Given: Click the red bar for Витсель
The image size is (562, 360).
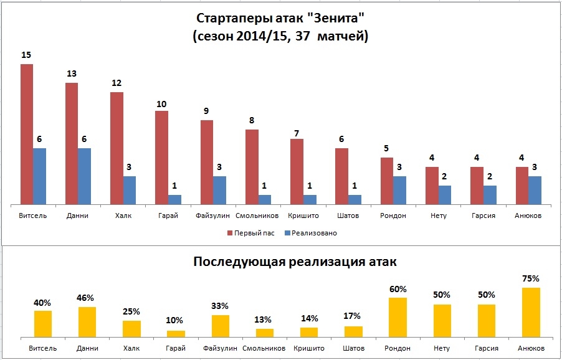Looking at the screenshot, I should click(x=27, y=134).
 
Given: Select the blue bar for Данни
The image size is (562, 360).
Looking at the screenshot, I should click(x=85, y=176).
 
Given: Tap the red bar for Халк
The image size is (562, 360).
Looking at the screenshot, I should click(x=117, y=148).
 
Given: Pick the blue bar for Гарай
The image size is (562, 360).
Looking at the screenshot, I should click(x=174, y=199).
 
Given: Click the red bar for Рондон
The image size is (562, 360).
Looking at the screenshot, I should click(x=386, y=181).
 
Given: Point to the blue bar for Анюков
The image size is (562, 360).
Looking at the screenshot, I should click(x=535, y=190).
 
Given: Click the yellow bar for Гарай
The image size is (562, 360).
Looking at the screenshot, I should click(x=176, y=333).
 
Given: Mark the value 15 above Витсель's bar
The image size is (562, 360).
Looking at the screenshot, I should click(x=26, y=55).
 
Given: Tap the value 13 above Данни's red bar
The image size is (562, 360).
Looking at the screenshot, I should click(x=72, y=74).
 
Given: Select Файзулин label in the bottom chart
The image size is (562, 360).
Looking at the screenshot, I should click(x=221, y=348).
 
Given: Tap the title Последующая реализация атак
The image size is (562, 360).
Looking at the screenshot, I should click(x=295, y=262).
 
